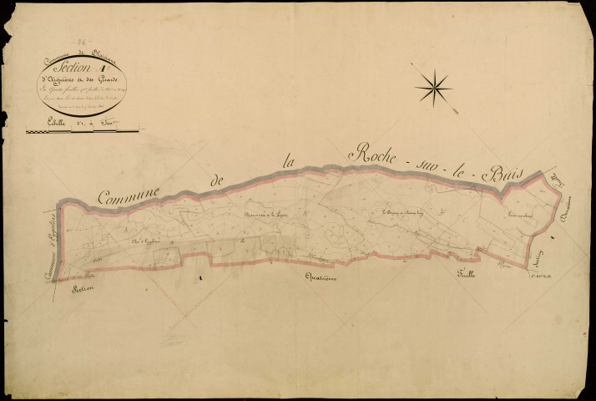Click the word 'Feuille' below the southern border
tap(465, 275)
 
